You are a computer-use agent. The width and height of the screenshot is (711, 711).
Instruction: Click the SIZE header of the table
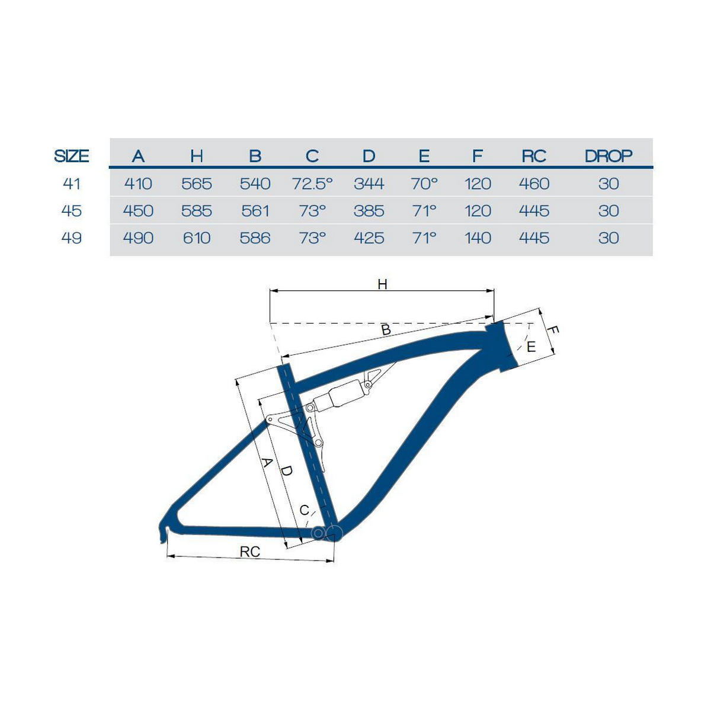[x=72, y=156]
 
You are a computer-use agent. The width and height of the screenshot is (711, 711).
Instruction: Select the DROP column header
[x=608, y=156]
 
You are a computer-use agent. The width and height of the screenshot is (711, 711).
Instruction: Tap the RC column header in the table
[x=534, y=156]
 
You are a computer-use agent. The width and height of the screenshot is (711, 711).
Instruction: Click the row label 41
[x=72, y=183]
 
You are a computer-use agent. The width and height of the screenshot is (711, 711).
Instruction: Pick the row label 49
[x=72, y=238]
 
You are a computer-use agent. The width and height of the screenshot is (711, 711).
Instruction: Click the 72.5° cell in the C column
[x=312, y=183]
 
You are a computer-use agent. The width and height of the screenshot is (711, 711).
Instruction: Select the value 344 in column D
[x=369, y=183]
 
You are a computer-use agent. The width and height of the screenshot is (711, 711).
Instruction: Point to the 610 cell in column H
[x=197, y=238]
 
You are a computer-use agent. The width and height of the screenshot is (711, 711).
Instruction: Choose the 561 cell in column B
[x=255, y=211]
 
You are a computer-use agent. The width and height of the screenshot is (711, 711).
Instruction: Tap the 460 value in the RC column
[x=534, y=183]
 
